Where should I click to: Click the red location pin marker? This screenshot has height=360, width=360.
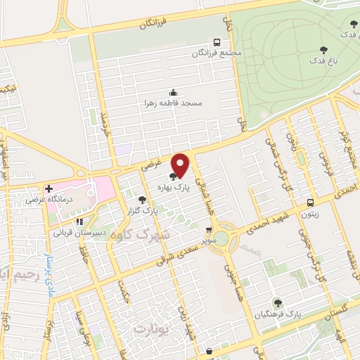coord(181,164)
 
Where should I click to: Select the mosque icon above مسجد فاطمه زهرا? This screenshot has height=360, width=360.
coord(173,92)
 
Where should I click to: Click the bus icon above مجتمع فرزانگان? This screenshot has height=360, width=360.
coord(216,42)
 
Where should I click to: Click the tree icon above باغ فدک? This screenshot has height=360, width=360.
coord(323,49)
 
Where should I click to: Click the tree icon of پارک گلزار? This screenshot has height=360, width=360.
coord(143,200)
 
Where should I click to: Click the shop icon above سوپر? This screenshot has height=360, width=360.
coord(208,229)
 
